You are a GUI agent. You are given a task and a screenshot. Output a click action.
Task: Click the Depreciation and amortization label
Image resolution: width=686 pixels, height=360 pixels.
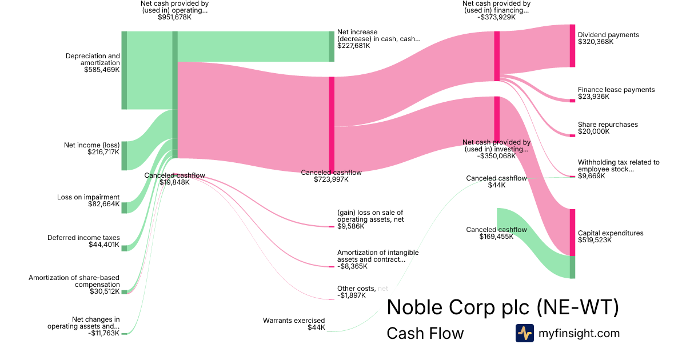[x=93, y=59]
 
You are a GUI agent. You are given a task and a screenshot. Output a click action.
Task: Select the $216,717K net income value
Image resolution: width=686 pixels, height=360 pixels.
[x=103, y=153]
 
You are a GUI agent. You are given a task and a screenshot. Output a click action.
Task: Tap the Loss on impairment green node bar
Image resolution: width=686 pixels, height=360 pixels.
[x=124, y=207]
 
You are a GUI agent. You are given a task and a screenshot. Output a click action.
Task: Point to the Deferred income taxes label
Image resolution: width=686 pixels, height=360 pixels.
[x=83, y=238]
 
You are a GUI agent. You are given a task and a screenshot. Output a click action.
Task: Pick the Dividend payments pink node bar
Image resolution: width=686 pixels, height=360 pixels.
[x=572, y=46]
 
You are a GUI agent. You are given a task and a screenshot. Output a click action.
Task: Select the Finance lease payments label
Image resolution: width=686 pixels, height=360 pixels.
[x=616, y=90]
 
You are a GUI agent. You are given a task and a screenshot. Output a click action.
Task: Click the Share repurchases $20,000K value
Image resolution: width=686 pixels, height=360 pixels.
[x=593, y=131]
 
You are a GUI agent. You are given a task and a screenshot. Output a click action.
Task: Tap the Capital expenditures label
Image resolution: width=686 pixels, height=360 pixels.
[x=611, y=233]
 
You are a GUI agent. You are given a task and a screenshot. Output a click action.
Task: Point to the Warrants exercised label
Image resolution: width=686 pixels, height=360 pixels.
[x=294, y=321]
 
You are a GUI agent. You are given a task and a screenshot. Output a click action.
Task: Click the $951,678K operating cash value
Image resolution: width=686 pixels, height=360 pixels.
[x=174, y=17]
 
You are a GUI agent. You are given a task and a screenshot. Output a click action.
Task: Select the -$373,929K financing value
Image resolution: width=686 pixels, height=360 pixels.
[x=496, y=17]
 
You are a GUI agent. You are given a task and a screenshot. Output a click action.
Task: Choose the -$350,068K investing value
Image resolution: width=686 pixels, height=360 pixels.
[x=496, y=155]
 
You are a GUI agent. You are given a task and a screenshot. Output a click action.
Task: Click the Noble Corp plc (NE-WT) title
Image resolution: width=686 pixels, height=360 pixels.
[x=502, y=307]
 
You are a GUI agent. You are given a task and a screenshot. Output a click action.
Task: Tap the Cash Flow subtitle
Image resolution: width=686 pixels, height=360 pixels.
[x=425, y=333]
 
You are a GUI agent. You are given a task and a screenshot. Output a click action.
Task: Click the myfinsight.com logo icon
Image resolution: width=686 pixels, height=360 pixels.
[x=524, y=333]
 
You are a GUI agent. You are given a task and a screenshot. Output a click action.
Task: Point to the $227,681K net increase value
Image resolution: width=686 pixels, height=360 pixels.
[x=354, y=46]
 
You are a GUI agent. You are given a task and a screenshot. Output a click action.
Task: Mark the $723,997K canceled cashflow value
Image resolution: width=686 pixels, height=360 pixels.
[x=331, y=179]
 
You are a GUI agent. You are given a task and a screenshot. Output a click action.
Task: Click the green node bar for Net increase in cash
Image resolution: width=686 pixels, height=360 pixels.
[x=332, y=46]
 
